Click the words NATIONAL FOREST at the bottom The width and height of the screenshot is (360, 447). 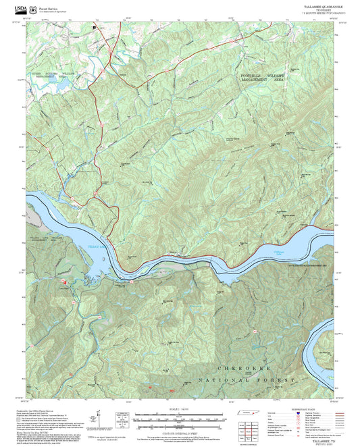[x=247, y=381]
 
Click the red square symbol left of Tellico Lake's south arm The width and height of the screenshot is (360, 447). [x=65, y=281]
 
